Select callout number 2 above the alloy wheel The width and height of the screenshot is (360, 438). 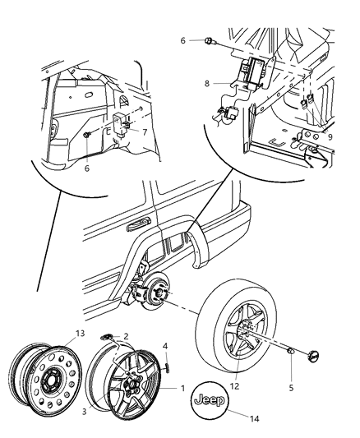point(125,336)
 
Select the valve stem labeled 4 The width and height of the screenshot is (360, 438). point(165,344)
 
